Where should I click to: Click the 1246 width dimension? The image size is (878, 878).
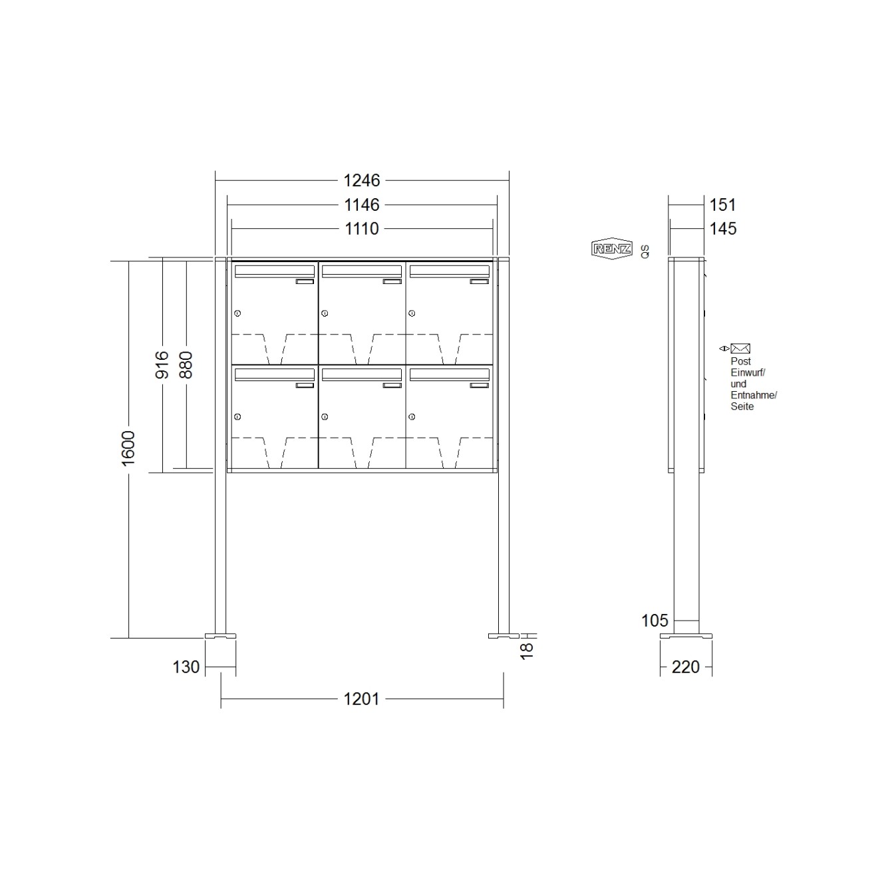point(361,181)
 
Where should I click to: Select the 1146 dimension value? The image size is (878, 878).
point(361,205)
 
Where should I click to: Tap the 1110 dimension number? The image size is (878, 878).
point(362,229)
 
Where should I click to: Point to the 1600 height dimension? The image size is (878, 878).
point(128,448)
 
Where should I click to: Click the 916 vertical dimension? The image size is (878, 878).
point(162,365)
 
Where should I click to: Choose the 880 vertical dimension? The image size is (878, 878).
point(186,365)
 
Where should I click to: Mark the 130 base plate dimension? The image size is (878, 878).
point(186,667)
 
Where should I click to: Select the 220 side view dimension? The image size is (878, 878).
point(685,667)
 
